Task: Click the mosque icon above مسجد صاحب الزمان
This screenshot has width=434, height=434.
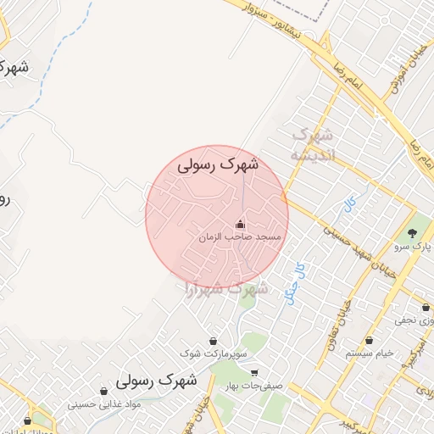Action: point(240,225)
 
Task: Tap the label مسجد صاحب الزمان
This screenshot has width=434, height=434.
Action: point(240,239)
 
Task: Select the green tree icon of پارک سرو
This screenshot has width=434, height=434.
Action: point(413,233)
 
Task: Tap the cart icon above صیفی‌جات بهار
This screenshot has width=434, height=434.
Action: point(253,373)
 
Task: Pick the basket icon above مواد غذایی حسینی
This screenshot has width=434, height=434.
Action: point(103,392)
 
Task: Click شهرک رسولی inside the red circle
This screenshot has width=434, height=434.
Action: point(219,166)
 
